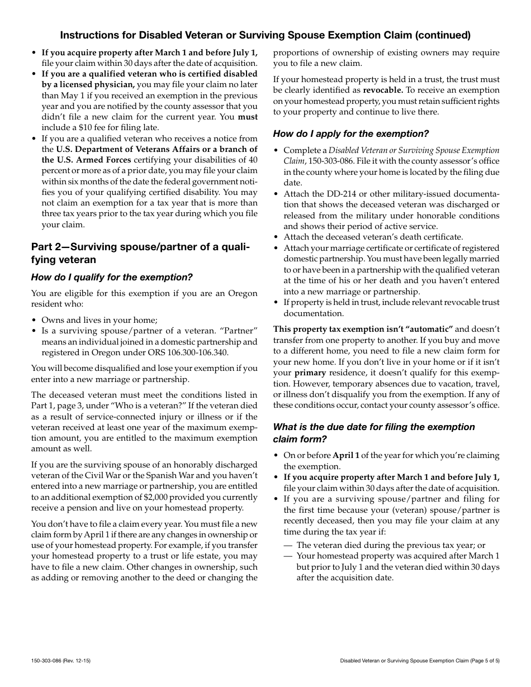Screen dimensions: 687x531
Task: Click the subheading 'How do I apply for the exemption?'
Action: pos(351,133)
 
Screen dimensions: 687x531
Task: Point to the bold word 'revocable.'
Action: pos(383,89)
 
